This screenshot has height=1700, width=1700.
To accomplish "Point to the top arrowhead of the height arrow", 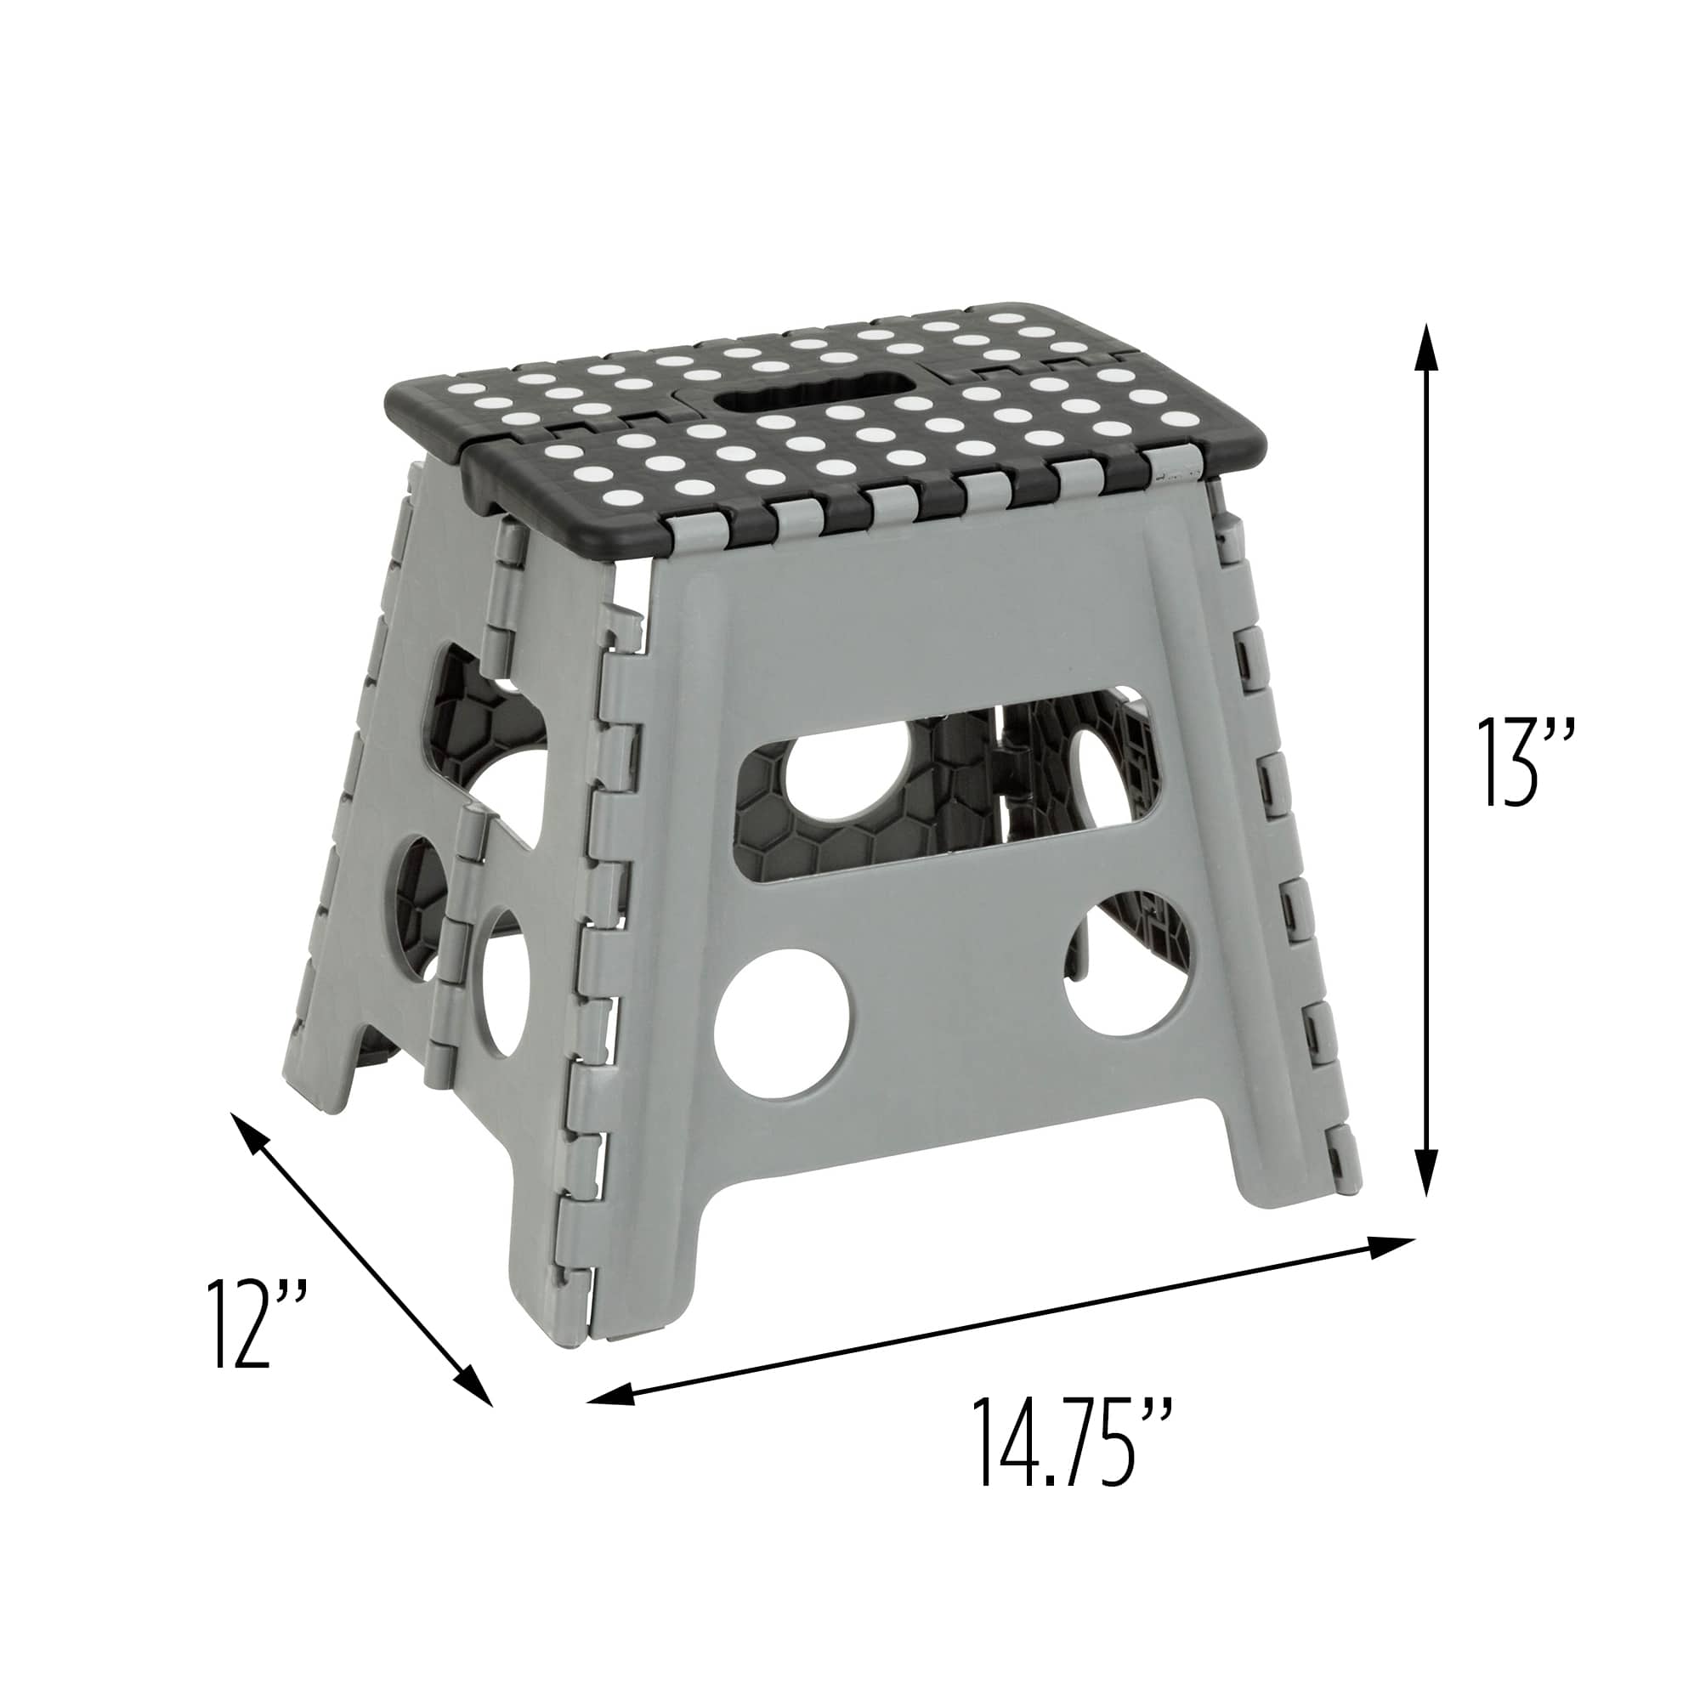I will tap(1426, 348).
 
